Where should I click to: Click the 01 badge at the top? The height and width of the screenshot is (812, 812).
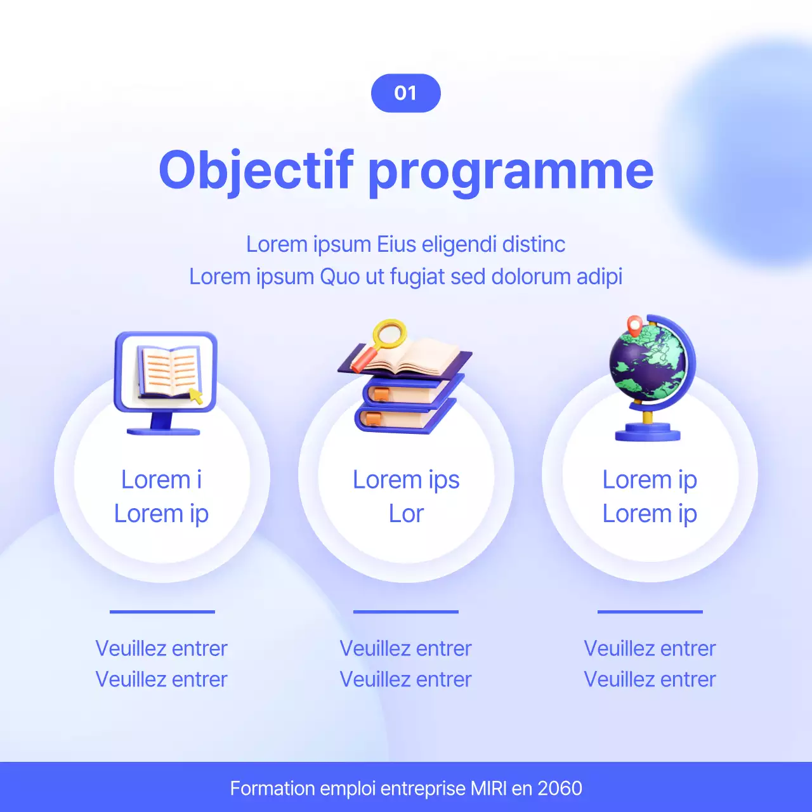(x=405, y=93)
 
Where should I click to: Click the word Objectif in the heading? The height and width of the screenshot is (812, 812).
(x=256, y=170)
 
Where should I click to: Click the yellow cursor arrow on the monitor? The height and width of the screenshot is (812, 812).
(x=196, y=396)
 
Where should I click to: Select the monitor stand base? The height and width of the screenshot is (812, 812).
(x=164, y=431)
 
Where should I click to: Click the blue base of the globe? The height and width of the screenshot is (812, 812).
(x=647, y=432)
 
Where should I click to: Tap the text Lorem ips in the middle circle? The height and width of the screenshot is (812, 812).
(x=406, y=480)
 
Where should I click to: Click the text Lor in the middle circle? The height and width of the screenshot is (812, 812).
(x=406, y=514)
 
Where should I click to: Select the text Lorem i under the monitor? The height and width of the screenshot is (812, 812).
(x=161, y=480)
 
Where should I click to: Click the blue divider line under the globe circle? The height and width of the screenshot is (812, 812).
(x=650, y=612)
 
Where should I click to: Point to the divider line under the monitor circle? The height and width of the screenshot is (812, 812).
(x=162, y=612)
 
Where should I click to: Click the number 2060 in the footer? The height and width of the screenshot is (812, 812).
(x=560, y=789)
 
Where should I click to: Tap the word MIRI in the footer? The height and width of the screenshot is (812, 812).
(x=488, y=789)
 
